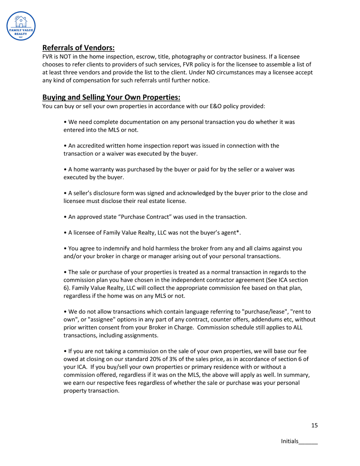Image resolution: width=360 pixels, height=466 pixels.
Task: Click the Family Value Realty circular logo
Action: tap(21, 26)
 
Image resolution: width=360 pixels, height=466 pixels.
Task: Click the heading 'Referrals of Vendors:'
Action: tap(78, 48)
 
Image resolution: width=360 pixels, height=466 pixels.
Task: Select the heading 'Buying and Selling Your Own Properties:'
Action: tap(111, 97)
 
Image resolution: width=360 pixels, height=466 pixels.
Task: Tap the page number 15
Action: tap(314, 425)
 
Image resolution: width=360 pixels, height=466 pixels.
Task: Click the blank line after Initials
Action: tap(308, 442)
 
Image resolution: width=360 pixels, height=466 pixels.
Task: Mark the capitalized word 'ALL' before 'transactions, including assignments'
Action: tap(298, 327)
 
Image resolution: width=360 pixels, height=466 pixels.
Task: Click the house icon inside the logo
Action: tap(21, 22)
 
